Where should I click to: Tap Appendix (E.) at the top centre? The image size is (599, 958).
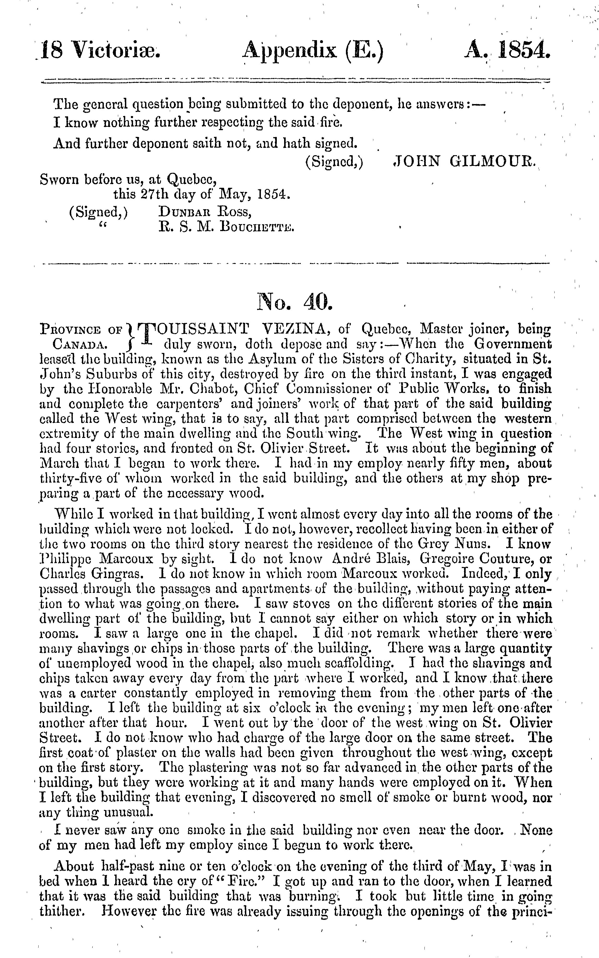pyautogui.click(x=313, y=52)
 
